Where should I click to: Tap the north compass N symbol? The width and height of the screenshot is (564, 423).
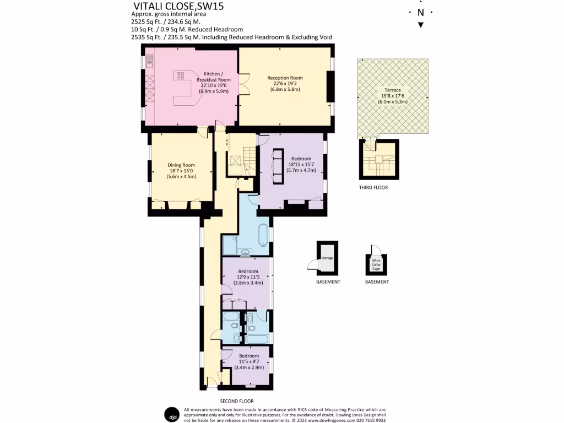(x=421, y=12)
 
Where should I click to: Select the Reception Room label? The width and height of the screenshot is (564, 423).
(x=285, y=78)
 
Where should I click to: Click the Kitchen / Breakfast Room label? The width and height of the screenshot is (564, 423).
(x=213, y=77)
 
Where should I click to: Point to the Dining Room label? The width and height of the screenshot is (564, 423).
(x=181, y=165)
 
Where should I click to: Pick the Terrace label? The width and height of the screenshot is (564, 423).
(x=393, y=90)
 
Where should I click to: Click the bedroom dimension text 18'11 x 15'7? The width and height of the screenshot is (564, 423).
(x=301, y=164)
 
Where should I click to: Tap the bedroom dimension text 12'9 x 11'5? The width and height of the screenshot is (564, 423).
(x=248, y=277)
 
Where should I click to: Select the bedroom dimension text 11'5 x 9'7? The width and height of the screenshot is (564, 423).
(x=249, y=362)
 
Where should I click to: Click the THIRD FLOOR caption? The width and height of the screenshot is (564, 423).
(x=373, y=187)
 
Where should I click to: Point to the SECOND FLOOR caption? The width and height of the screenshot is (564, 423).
(x=237, y=401)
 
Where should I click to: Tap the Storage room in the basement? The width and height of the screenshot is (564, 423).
(x=327, y=258)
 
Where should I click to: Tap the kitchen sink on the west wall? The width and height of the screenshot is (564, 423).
(x=149, y=64)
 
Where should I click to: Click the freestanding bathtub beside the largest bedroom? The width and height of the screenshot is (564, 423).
(x=263, y=234)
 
